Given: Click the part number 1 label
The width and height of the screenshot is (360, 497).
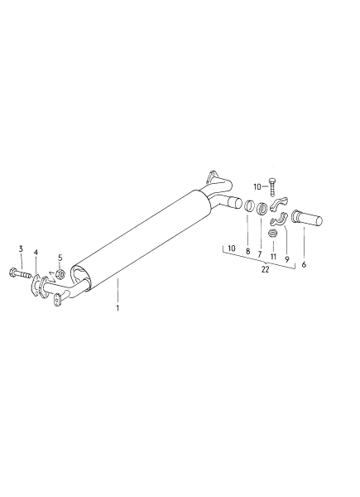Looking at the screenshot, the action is (118, 308).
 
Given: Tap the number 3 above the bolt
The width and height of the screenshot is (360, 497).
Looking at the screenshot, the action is (21, 248).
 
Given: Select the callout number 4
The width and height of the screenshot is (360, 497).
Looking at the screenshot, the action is (36, 253).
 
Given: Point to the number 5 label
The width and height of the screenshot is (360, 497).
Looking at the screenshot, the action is (60, 258).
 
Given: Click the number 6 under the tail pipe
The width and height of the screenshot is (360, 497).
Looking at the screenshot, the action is (304, 265).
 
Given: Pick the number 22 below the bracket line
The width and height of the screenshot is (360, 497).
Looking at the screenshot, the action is (266, 270).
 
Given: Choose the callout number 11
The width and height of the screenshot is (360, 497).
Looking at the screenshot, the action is (273, 257).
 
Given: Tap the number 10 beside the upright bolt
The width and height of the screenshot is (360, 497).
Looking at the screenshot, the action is (257, 187).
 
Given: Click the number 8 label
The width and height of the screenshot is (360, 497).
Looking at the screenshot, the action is (247, 252).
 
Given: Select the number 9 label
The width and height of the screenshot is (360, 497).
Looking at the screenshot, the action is (287, 259).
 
